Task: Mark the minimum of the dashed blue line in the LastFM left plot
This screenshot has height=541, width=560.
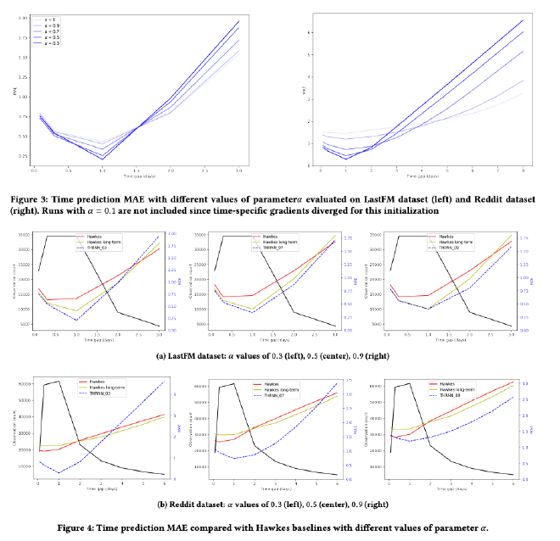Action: (76, 320)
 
